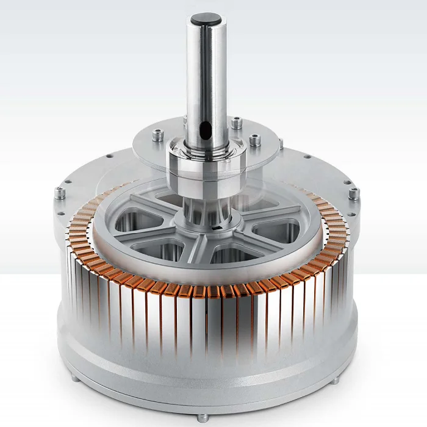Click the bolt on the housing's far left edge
pyautogui.click(x=60, y=193)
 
